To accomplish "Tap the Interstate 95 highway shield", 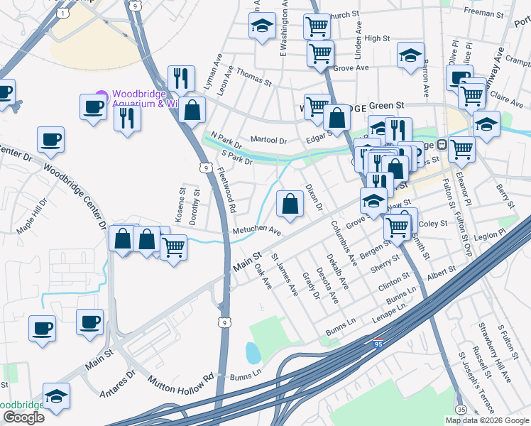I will click(378, 342).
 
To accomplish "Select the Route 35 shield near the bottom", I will click(461, 409).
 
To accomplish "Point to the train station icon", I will click(442, 144).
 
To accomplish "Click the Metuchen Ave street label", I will click(257, 233).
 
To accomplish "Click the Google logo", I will click(23, 417).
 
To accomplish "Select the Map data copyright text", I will click(487, 420).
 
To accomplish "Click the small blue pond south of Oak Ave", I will click(252, 351).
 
